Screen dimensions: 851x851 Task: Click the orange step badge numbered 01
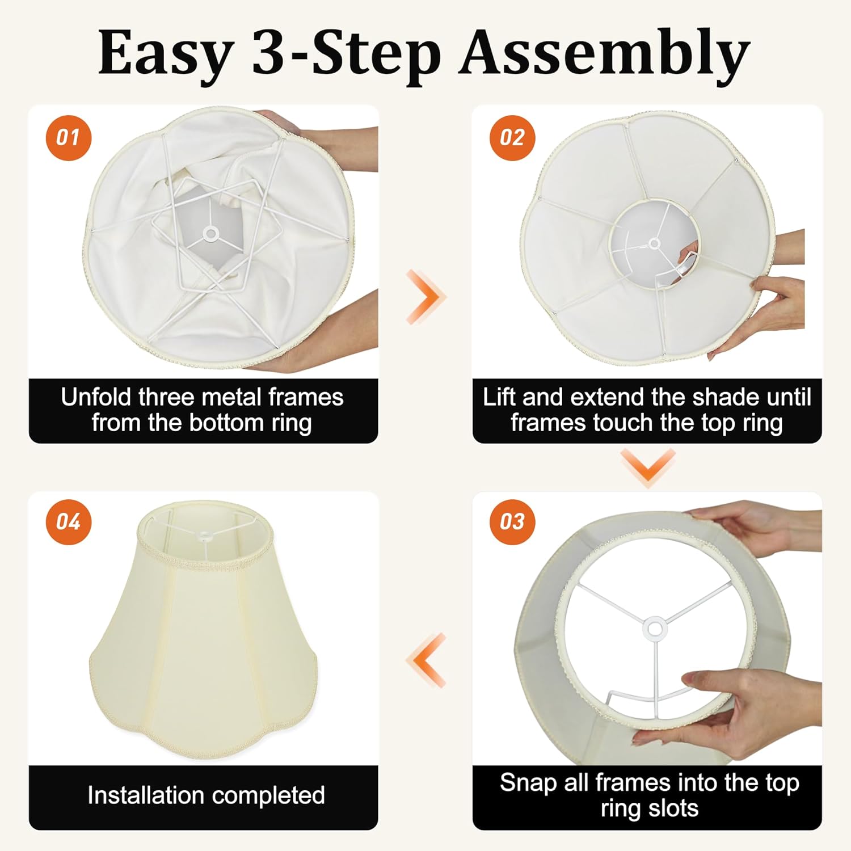point(68,138)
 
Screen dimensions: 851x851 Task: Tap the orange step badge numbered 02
point(512,138)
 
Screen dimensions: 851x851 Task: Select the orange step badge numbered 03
point(512,522)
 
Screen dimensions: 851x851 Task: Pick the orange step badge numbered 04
point(68,522)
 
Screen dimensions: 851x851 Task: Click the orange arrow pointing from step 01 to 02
point(427,296)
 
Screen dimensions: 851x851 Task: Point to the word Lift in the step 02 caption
point(500,397)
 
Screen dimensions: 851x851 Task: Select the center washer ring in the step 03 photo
point(655,629)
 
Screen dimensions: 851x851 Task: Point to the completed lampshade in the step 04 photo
point(203,630)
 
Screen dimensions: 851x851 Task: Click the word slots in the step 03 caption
point(675,808)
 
